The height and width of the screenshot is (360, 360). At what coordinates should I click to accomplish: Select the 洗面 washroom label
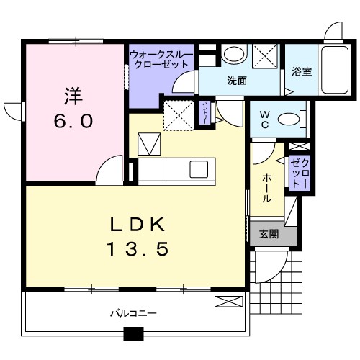[x=237, y=81]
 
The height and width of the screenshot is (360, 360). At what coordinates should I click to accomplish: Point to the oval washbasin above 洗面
[x=232, y=54]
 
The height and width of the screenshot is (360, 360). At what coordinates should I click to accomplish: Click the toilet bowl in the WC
[x=289, y=120]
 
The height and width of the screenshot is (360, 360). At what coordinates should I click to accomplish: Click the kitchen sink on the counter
[x=198, y=169]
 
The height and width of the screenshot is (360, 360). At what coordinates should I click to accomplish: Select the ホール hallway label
[x=266, y=187]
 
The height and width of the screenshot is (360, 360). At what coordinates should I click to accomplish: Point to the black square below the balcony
[x=133, y=334]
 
